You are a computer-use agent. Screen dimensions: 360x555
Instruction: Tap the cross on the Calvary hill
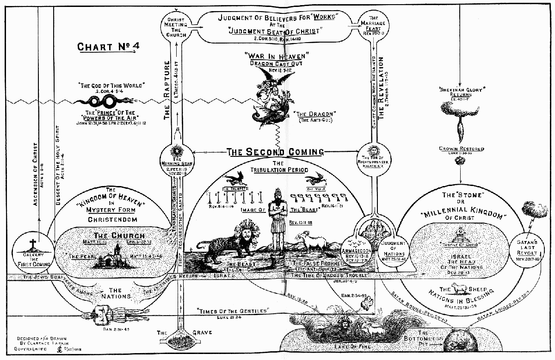coord(32,244)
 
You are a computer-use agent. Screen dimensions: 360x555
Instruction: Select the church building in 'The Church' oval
coord(110,256)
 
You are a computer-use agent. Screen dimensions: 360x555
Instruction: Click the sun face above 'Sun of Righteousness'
coord(375,151)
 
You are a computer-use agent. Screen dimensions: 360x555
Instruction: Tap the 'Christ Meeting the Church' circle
coord(176,26)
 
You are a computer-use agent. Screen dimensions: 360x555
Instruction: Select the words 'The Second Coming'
coord(276,152)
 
